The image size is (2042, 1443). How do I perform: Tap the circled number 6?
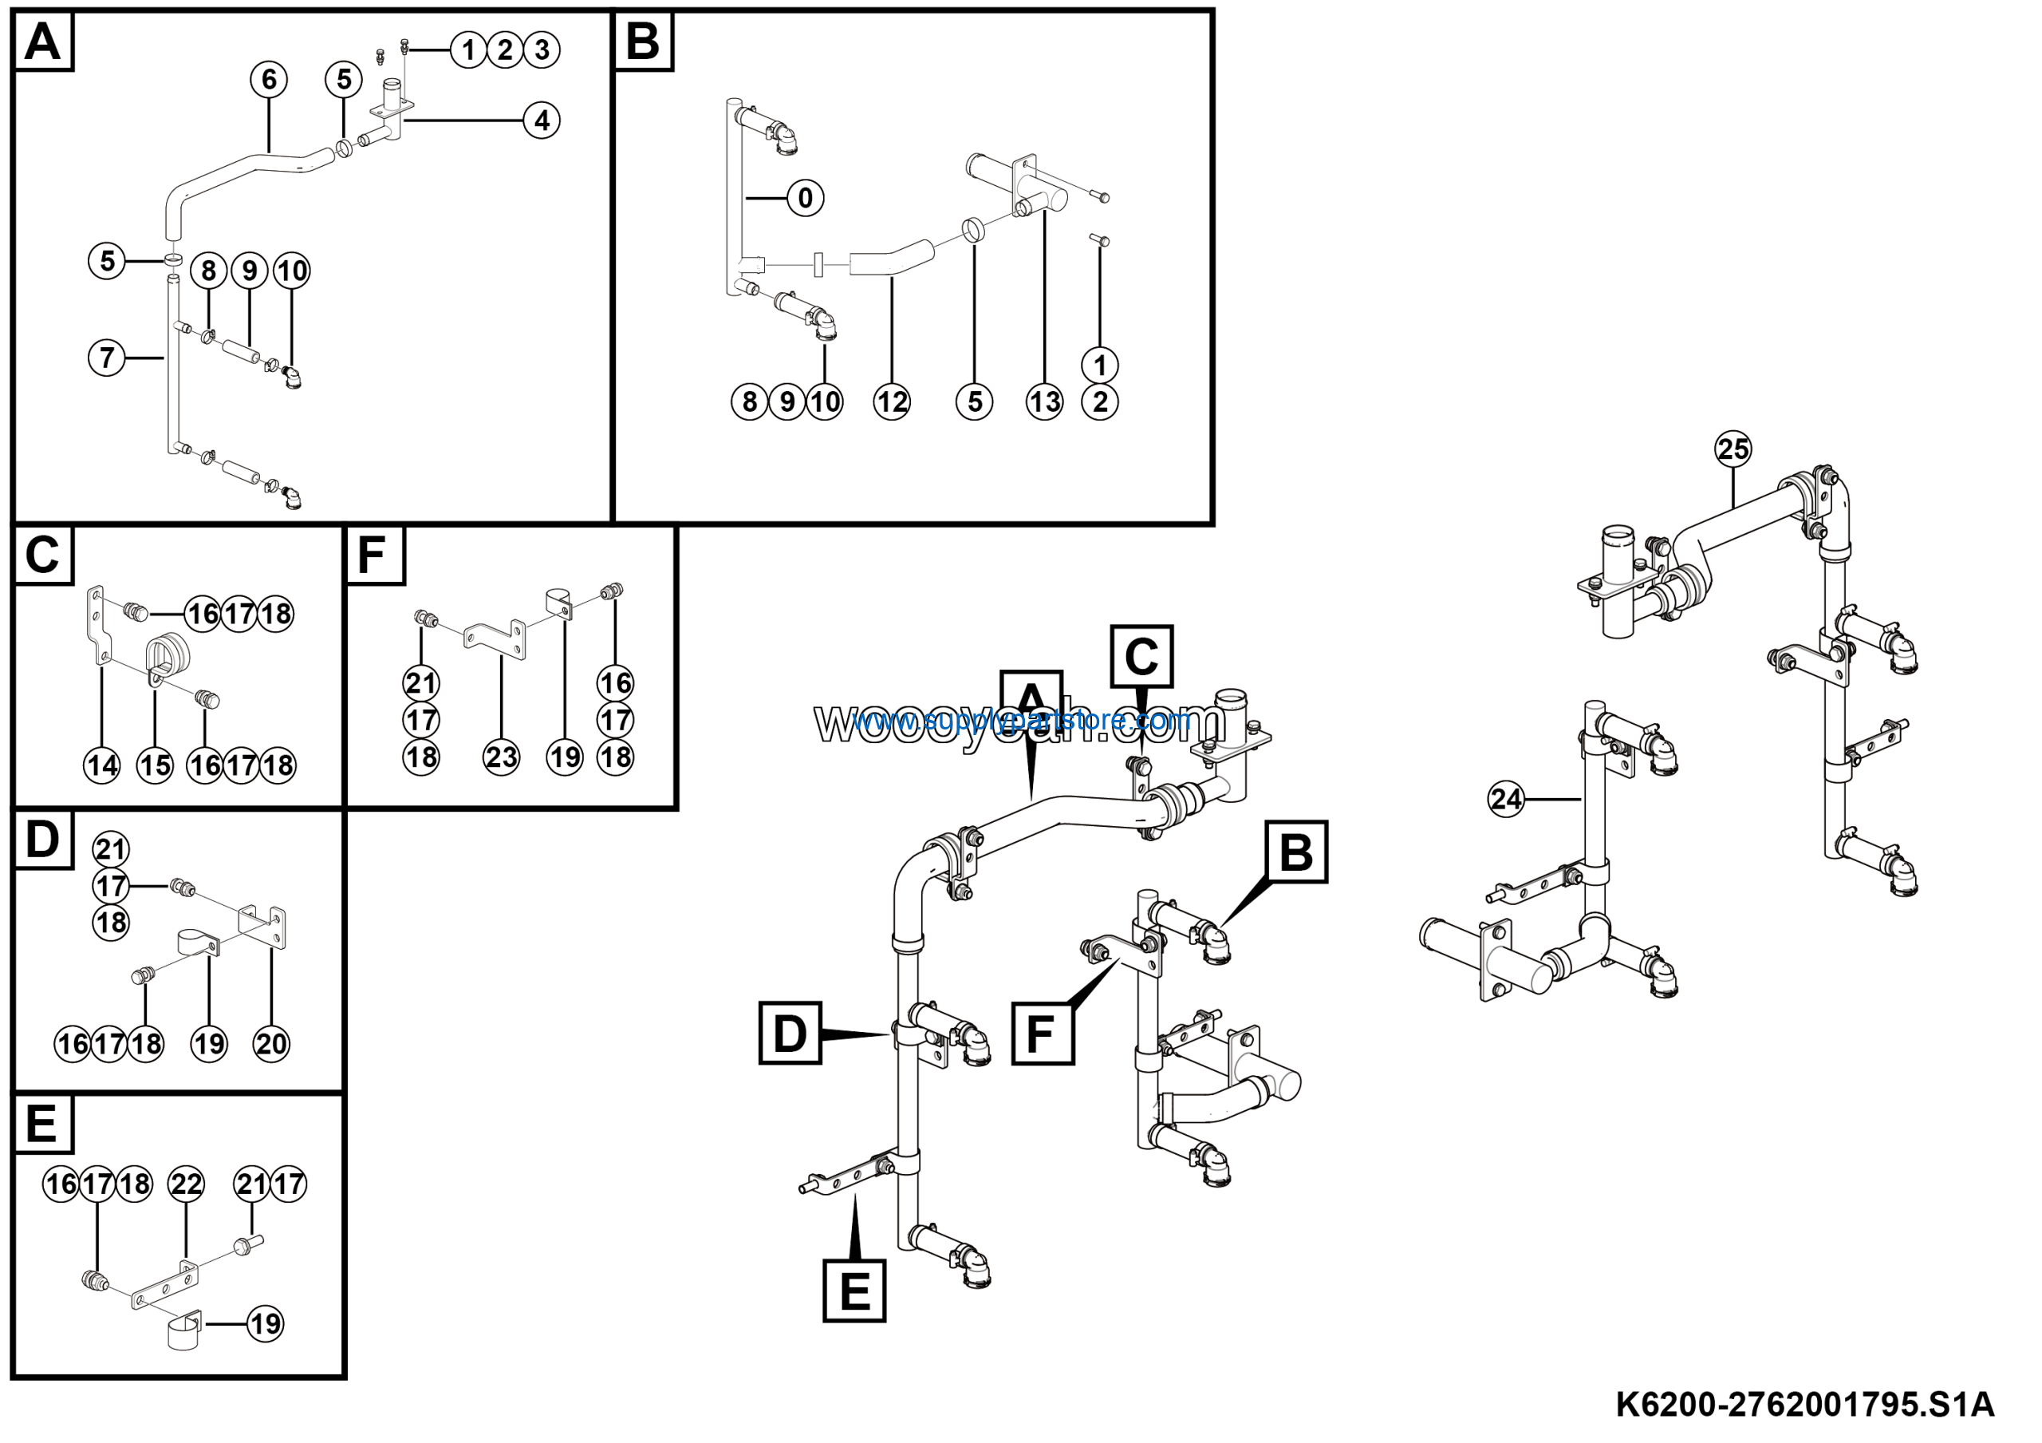coord(269,80)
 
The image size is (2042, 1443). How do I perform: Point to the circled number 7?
coord(107,358)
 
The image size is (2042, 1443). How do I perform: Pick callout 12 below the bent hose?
coord(892,402)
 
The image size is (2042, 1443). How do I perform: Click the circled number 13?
coord(1044,402)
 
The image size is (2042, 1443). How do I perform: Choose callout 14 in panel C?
coord(102,765)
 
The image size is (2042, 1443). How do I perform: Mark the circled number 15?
coord(155,765)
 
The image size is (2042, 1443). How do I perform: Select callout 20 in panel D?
coord(271,1044)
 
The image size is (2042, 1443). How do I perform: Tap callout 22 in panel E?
coord(187,1184)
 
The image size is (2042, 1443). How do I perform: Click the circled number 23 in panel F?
coord(501,757)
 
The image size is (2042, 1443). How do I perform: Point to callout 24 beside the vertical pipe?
coord(1506,799)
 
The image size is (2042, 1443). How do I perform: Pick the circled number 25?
coord(1733,449)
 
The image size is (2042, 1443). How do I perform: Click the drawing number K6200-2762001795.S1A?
coord(1804,1405)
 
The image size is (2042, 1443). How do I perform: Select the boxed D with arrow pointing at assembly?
coord(790,1034)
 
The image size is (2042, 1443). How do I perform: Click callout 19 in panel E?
coord(265,1324)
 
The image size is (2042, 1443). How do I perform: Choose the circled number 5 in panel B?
coord(975,402)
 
